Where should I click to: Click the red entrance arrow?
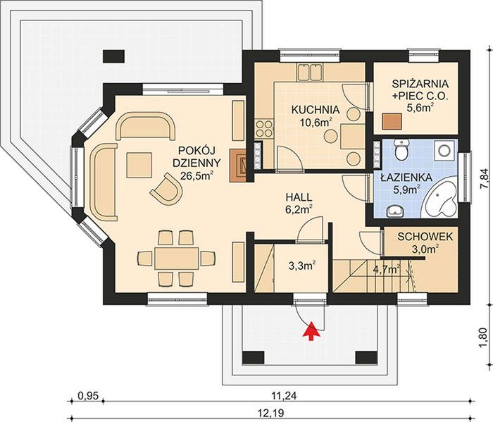311,331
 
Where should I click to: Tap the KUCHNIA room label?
316,110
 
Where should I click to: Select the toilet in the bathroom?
401,149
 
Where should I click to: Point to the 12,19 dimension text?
270,411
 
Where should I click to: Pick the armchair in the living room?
167,189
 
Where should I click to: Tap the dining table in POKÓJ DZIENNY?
176,259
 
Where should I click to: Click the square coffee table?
139,165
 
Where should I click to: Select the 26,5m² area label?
197,176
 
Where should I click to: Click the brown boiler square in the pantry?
392,121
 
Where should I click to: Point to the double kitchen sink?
310,72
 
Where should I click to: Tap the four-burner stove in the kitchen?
263,129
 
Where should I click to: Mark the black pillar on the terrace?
114,56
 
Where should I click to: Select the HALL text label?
299,197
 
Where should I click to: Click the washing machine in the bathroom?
444,150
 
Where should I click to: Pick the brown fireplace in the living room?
238,165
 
